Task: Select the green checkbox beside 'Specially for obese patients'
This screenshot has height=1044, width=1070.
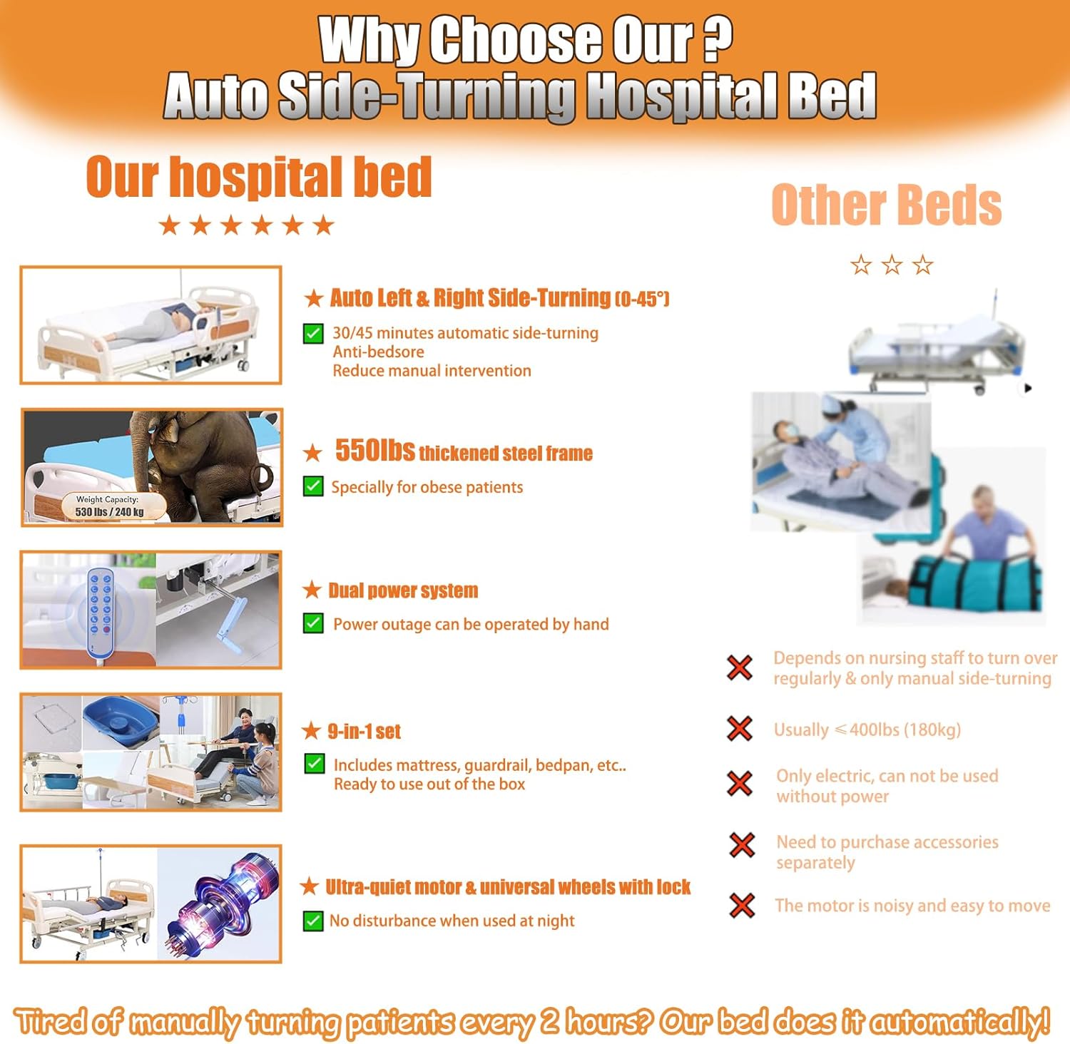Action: point(313,486)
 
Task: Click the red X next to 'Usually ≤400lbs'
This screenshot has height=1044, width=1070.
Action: point(740,729)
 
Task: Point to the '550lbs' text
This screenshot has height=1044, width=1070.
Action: point(374,451)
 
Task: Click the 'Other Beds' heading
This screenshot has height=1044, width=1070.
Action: point(886,205)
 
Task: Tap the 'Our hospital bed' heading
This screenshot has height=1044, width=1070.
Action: point(259,177)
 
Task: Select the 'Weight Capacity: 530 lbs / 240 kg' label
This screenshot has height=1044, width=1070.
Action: point(108,506)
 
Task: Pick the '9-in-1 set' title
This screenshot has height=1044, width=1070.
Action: point(364,731)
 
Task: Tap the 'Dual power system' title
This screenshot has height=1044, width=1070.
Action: point(403,590)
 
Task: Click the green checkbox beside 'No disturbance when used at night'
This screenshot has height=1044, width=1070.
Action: point(312,921)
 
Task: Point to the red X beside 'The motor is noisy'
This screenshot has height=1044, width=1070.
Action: point(743,906)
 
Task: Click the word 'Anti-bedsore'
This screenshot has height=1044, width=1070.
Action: point(378,352)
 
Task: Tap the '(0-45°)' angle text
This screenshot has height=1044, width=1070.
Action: point(642,299)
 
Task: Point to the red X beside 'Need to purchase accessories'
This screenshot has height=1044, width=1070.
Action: point(743,845)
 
